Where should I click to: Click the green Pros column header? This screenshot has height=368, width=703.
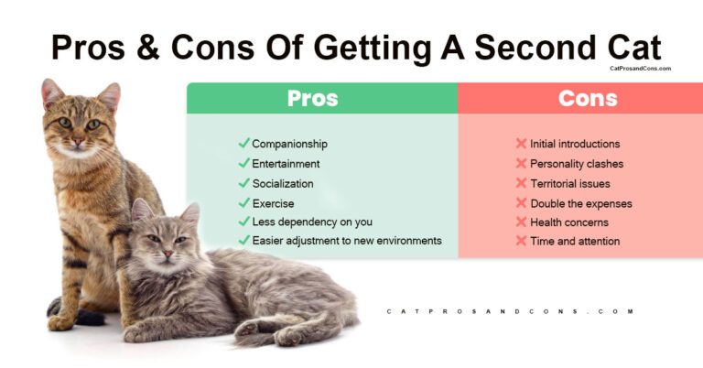click(x=312, y=99)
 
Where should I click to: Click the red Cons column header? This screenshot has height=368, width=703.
click(x=580, y=99)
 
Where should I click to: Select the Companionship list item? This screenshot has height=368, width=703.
click(x=289, y=144)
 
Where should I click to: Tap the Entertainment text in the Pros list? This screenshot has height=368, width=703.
click(x=286, y=164)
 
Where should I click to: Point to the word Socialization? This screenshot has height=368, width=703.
click(x=283, y=183)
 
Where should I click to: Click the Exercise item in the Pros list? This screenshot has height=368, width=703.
click(x=273, y=203)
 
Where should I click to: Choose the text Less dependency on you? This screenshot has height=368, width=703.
click(x=312, y=222)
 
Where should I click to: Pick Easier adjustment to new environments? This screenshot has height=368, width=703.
click(x=347, y=241)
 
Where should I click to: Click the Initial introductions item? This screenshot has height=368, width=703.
click(x=575, y=144)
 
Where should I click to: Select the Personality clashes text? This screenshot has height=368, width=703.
click(x=577, y=164)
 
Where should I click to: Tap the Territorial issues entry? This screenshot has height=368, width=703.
click(x=570, y=184)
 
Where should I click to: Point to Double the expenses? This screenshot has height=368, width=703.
click(x=581, y=203)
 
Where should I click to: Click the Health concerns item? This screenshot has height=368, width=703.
click(x=569, y=222)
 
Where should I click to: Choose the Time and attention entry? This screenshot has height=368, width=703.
click(x=575, y=242)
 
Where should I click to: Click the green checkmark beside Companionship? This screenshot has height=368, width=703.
click(x=243, y=144)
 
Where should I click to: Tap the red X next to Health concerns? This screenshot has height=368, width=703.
click(x=521, y=222)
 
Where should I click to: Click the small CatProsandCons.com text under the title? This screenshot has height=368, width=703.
click(x=640, y=68)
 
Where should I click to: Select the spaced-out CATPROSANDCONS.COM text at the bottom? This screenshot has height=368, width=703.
click(x=511, y=311)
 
